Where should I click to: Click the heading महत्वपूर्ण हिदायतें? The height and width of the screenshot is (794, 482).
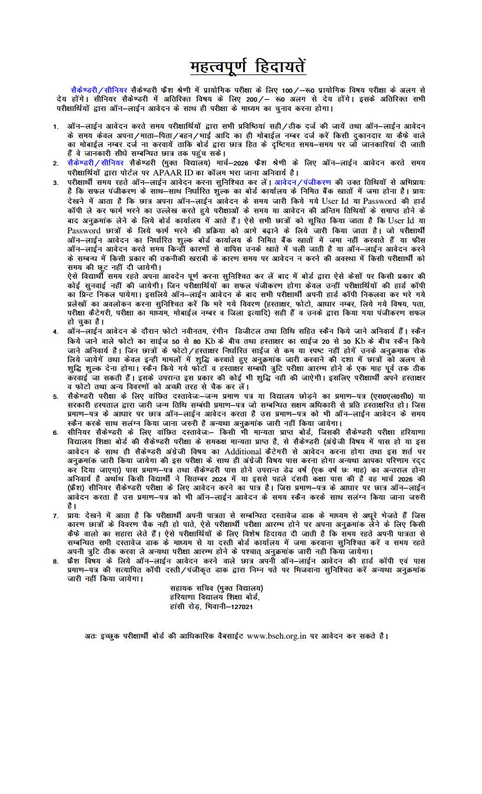point(247,66)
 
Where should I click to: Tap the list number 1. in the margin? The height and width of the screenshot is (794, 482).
point(55,126)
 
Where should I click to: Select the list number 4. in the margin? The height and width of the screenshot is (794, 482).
point(55,331)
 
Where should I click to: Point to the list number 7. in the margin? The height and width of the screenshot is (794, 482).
point(55,516)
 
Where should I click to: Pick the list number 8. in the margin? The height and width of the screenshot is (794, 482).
point(55,562)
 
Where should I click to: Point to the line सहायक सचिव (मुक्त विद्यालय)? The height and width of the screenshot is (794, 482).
point(216,588)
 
